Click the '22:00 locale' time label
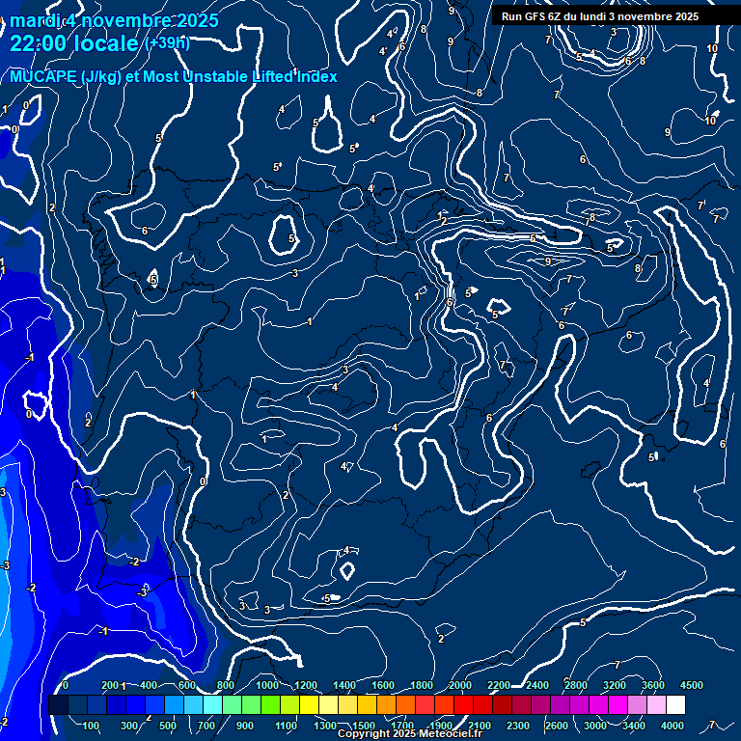click(x=74, y=43)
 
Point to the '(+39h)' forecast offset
click(x=168, y=43)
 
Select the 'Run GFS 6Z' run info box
click(x=599, y=16)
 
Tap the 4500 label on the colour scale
click(x=691, y=685)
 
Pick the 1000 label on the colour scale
click(x=266, y=685)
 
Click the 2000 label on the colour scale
click(x=459, y=685)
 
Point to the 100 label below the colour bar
click(x=91, y=726)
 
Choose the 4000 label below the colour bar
click(x=673, y=726)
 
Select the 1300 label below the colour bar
click(x=324, y=726)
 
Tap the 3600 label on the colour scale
click(x=652, y=685)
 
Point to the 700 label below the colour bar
click(x=206, y=726)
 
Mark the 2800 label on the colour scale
click(x=575, y=685)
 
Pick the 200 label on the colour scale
click(x=112, y=685)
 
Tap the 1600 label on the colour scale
click(x=382, y=685)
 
